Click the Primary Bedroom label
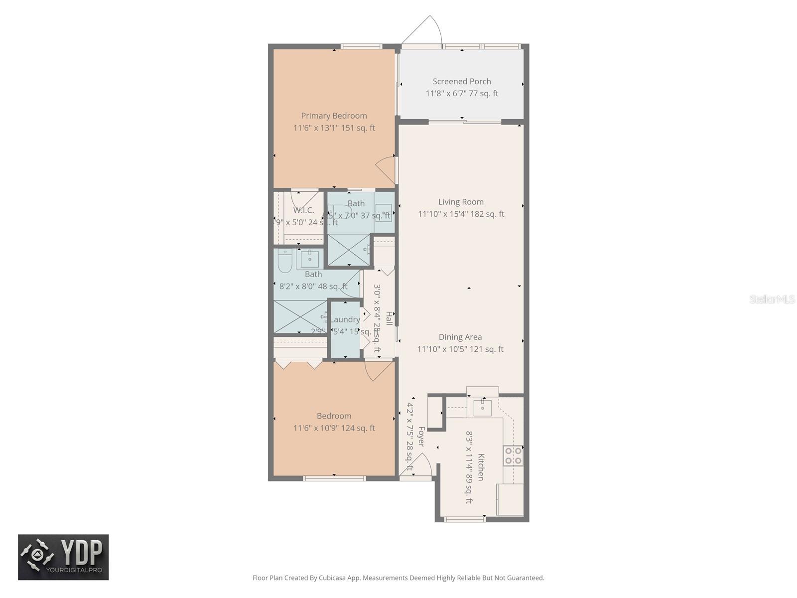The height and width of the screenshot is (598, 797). (334, 116)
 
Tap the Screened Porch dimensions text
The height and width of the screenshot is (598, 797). (462, 94)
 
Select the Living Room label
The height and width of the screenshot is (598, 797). (461, 202)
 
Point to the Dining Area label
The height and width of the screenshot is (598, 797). (460, 337)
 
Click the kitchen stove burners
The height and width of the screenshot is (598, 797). (513, 455)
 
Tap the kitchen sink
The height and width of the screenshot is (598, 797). (482, 408)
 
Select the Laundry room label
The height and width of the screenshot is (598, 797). (345, 319)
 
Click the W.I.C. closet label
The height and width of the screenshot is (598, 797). (303, 210)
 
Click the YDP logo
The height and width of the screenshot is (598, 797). (63, 557)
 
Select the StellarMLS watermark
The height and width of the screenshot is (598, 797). (772, 299)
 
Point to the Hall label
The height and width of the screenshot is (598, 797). (389, 318)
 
